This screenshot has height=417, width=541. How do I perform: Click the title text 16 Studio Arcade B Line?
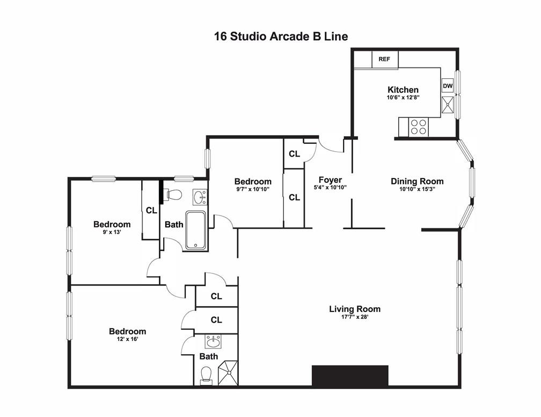pos(281,36)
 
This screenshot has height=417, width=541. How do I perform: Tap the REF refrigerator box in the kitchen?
pos(385,59)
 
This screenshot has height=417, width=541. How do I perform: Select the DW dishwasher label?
pos(448,86)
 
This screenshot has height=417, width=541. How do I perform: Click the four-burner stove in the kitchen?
pos(418,127)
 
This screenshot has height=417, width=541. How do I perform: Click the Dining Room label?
pos(417,181)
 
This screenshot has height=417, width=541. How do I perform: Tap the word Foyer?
pos(330,180)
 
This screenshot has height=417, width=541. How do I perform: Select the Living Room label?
pos(355,309)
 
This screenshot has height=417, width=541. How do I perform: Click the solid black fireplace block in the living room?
pos(350,376)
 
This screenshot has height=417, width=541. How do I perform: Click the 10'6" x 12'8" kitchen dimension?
pos(403,98)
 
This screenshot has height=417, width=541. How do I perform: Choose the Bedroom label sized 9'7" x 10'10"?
pos(252,181)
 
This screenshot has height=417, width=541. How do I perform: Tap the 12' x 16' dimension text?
pos(127,339)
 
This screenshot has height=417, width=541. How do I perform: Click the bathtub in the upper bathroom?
pos(196,230)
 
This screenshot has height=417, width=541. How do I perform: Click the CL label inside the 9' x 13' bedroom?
pos(151,211)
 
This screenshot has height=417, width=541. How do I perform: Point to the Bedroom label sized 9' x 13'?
pos(112,224)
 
